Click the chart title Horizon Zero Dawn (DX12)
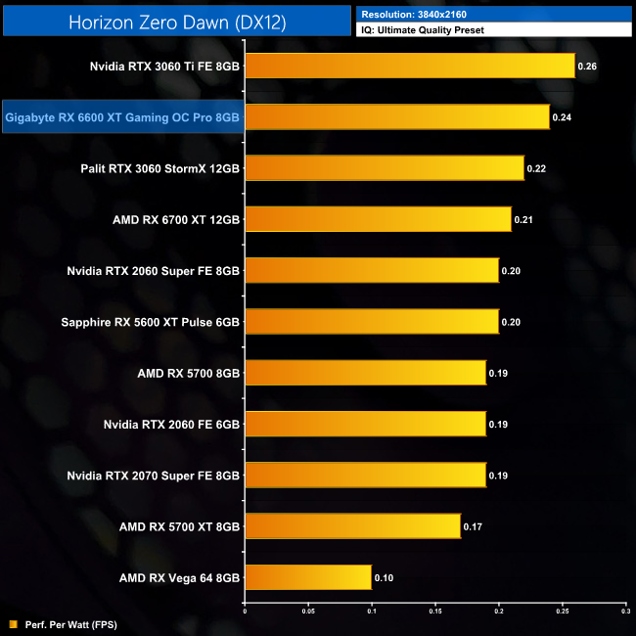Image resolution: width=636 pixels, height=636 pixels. (x=176, y=22)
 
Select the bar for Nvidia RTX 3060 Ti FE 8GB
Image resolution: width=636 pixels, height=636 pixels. (x=409, y=67)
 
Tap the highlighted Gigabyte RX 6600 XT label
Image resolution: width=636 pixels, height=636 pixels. (x=122, y=117)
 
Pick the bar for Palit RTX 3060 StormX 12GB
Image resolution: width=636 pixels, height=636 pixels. (x=384, y=168)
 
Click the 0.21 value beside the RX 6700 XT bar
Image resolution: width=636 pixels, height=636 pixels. (x=523, y=219)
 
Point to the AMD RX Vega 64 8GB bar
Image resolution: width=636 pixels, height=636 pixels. (x=307, y=577)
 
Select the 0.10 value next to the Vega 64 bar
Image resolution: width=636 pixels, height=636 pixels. (x=384, y=577)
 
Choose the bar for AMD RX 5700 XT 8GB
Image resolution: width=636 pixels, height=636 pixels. (x=352, y=526)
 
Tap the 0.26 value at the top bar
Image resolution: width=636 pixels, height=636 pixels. (x=587, y=67)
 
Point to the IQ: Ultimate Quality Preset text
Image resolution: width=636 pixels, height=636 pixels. (x=423, y=30)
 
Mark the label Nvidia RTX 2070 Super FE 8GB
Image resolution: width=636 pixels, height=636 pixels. (x=153, y=475)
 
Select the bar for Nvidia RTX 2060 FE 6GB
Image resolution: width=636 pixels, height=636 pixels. (x=365, y=424)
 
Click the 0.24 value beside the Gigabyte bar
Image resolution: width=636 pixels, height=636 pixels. (x=562, y=117)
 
